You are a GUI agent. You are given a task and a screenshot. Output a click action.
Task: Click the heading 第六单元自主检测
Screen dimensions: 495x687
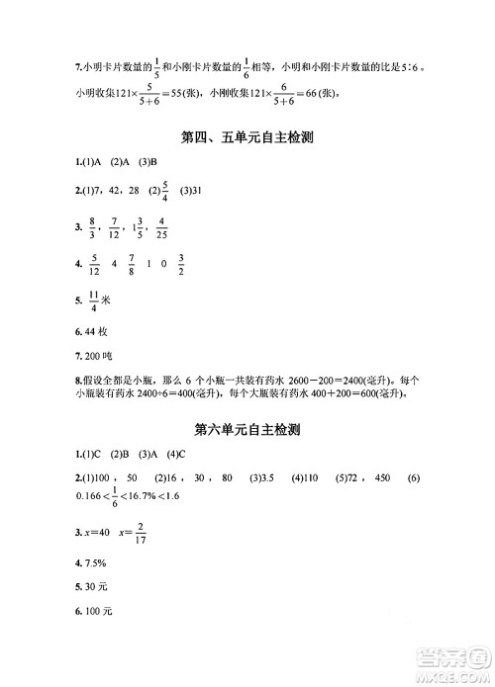point(247,430)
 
